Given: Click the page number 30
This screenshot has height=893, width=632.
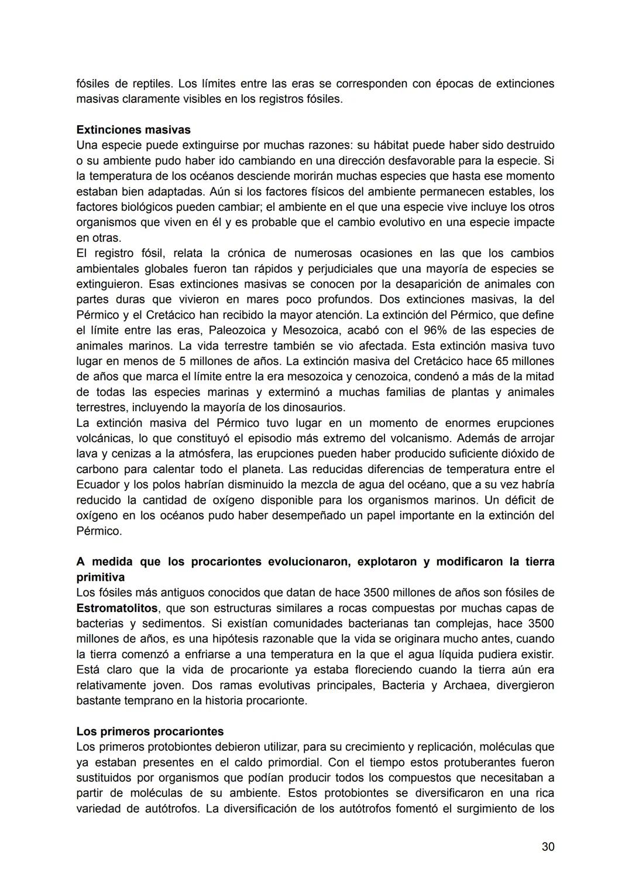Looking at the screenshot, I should pos(548,846).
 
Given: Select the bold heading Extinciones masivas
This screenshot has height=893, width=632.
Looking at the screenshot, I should pos(133,129).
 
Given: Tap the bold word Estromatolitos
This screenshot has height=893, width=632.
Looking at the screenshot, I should pos(117,608).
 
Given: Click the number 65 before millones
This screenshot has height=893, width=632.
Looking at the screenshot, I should pos(503,361).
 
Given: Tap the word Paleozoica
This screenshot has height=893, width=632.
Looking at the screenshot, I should pos(236,330).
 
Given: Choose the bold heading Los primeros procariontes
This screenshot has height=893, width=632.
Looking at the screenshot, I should pos(150,731).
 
